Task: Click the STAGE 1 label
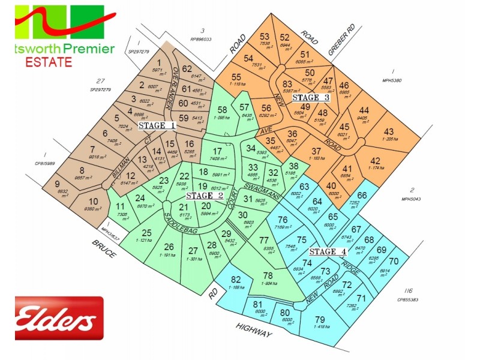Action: click(157, 126)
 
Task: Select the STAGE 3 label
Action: click(310, 97)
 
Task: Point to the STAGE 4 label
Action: click(327, 252)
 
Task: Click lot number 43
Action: click(389, 131)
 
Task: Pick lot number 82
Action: click(235, 279)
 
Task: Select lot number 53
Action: click(265, 37)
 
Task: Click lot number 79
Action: click(319, 319)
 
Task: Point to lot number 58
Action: click(223, 109)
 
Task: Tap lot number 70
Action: click(394, 261)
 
